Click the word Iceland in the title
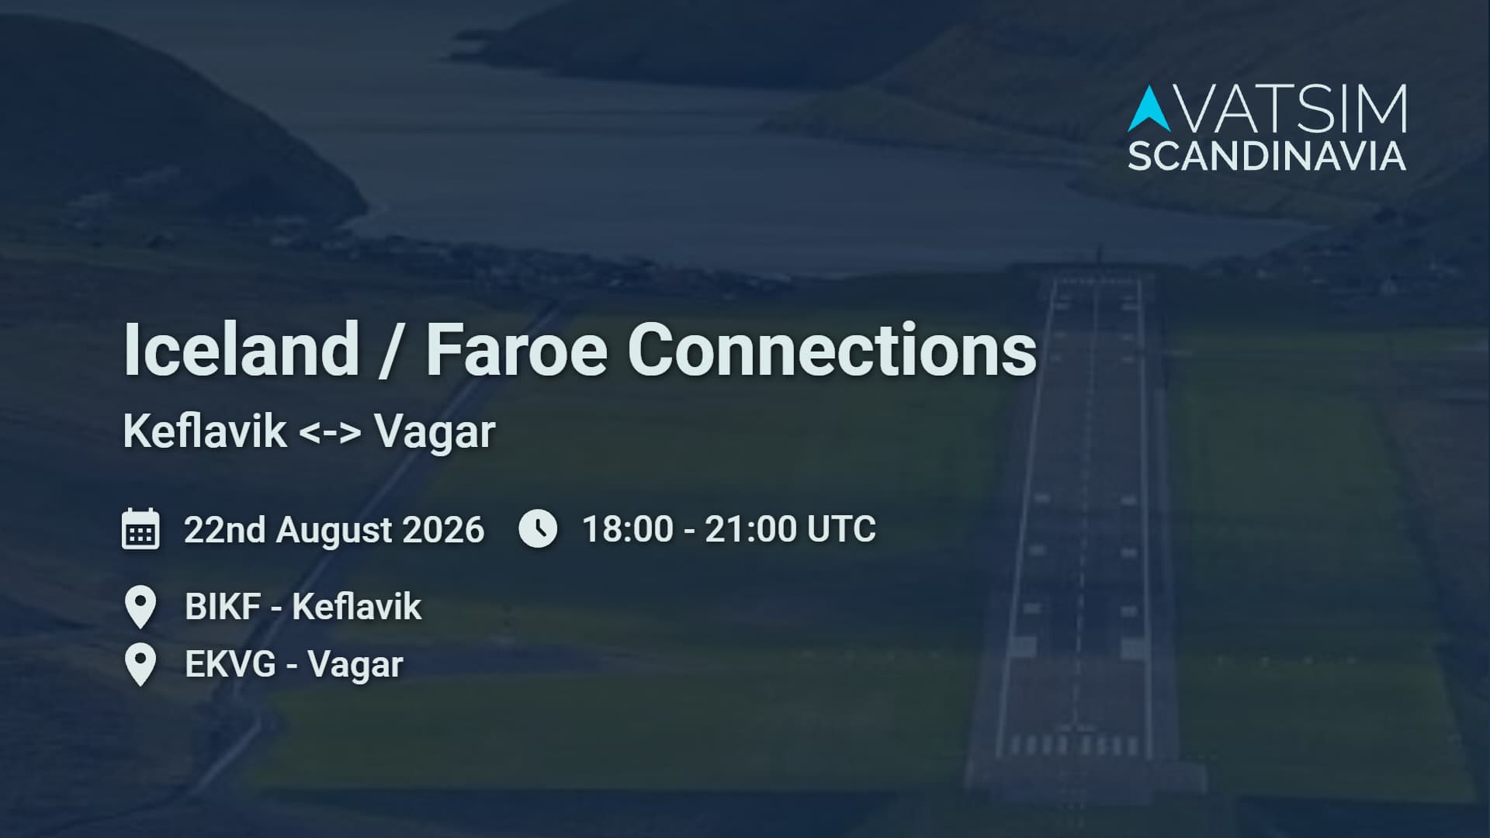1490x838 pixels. click(241, 349)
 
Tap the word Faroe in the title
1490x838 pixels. click(516, 349)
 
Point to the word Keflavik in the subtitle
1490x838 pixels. click(205, 431)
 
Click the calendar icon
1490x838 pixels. click(140, 529)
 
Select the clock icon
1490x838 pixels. click(538, 528)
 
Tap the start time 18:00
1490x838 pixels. click(628, 529)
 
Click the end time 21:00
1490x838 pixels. click(750, 529)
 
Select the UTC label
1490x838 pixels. click(841, 529)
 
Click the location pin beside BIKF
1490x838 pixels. click(140, 608)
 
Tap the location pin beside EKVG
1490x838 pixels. click(140, 666)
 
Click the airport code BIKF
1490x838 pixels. click(223, 607)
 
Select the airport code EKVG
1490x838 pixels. click(230, 665)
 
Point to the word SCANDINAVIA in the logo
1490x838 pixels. click(1266, 156)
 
